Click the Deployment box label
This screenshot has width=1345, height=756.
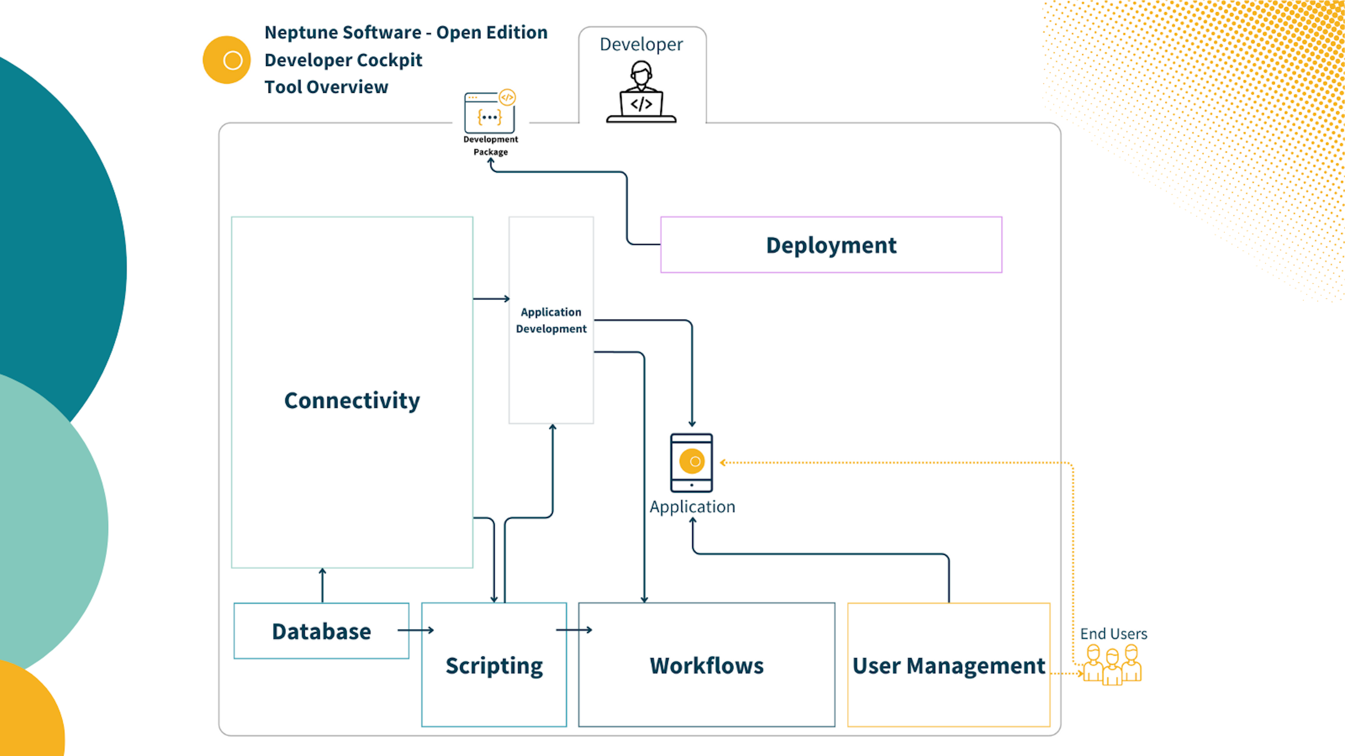click(831, 245)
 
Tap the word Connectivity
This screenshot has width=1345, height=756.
click(352, 401)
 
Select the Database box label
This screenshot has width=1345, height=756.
click(321, 631)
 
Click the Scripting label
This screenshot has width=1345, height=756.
click(494, 666)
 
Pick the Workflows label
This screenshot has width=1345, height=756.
click(707, 666)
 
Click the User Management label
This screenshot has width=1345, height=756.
click(948, 666)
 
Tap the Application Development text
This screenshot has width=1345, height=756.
click(551, 320)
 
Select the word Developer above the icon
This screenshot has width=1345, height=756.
click(641, 45)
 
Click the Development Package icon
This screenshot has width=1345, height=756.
click(490, 111)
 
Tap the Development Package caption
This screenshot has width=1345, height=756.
click(490, 146)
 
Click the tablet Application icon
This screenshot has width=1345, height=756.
click(691, 463)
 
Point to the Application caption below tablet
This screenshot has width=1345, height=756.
click(692, 507)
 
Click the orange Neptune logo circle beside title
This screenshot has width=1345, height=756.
click(227, 60)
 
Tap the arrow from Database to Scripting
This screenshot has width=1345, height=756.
click(416, 630)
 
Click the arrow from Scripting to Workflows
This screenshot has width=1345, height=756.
click(574, 630)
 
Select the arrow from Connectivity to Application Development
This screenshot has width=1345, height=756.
click(491, 299)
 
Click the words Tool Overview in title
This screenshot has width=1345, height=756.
click(326, 87)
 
